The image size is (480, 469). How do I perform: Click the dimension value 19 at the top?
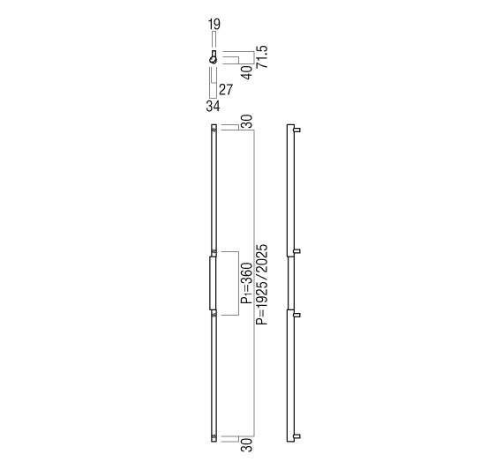(x=214, y=24)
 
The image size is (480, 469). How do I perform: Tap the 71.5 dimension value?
(x=262, y=56)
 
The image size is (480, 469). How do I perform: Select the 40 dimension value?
(x=247, y=72)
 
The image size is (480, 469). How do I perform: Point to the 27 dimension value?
(x=226, y=90)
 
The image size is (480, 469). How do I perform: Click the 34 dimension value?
(x=213, y=106)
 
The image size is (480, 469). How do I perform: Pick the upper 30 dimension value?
(x=247, y=121)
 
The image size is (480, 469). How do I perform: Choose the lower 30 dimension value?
(x=247, y=445)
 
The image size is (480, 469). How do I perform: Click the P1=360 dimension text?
(x=247, y=283)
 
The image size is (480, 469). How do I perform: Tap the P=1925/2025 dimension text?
(x=262, y=285)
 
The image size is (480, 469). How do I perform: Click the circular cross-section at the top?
(x=214, y=60)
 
